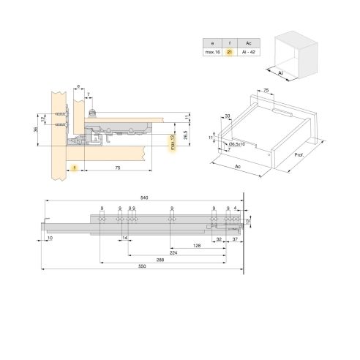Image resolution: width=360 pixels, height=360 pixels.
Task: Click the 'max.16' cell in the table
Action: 211,53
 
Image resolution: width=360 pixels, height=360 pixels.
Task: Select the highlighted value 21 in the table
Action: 230,53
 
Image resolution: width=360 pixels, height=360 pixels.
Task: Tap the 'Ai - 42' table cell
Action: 249,53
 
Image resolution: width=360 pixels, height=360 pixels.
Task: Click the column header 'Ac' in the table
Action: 249,43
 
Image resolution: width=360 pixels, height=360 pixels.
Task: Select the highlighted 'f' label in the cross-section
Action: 75,168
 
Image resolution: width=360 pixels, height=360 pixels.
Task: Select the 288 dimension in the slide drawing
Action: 160,260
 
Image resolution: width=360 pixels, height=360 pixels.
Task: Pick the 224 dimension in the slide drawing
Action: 172,253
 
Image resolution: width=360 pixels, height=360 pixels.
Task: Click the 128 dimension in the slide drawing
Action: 198,246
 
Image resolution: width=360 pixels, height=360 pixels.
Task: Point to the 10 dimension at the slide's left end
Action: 50,239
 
